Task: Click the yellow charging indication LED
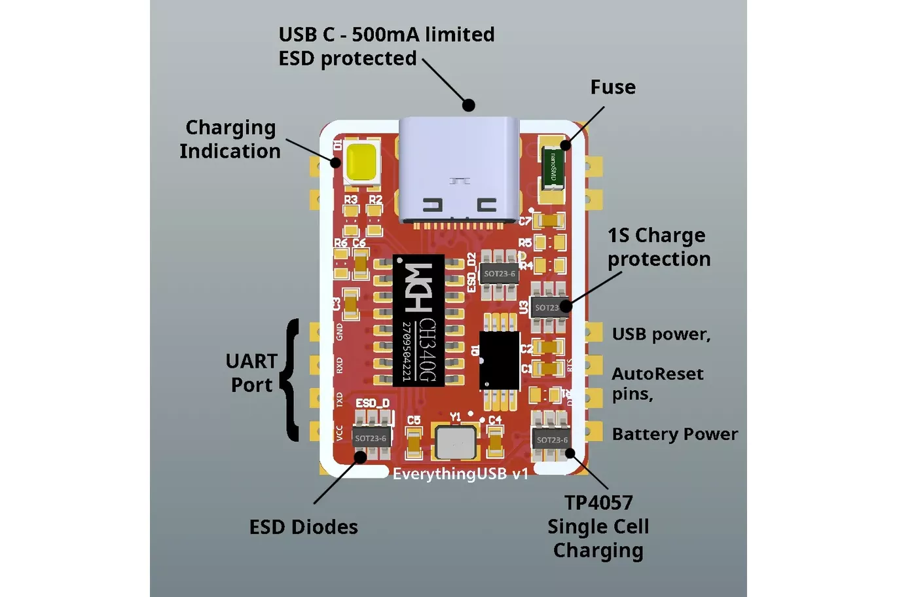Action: pos(361,162)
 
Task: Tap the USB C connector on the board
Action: pos(459,170)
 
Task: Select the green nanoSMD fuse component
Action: pos(553,168)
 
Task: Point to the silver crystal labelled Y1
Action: pos(456,442)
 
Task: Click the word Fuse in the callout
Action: pos(613,87)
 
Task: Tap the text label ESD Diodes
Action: pos(304,527)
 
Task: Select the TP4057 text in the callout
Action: pos(598,503)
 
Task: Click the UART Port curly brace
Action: pos(291,380)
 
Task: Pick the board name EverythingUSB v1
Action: pos(460,474)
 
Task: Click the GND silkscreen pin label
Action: pos(339,332)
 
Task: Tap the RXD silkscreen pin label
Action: pos(339,365)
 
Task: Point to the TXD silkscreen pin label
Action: pos(339,400)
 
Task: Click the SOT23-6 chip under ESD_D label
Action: pos(371,438)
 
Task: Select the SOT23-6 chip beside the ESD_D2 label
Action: pos(500,274)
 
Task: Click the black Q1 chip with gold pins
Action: pos(499,360)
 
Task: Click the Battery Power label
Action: pos(674,434)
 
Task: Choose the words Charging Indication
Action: pos(230,139)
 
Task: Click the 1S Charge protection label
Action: pos(658,247)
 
